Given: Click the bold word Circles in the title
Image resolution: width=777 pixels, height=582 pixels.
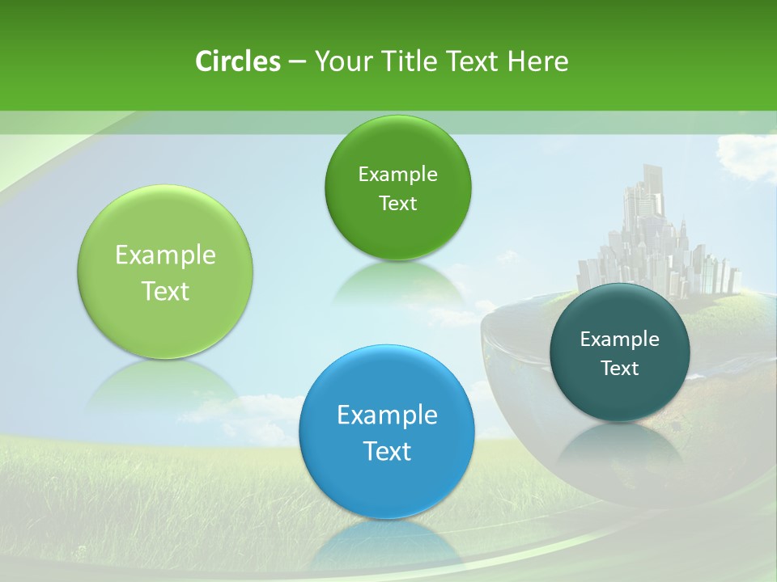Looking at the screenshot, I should (x=237, y=61).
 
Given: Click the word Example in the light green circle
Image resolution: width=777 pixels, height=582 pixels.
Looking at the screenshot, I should (x=165, y=255).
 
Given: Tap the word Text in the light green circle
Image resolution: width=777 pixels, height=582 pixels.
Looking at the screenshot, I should (x=165, y=291).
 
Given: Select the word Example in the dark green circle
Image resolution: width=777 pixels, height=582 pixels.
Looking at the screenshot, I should (x=397, y=175).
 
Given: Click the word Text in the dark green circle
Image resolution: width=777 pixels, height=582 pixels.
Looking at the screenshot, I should (x=397, y=204).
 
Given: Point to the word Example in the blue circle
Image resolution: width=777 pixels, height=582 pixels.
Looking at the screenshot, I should (x=387, y=415).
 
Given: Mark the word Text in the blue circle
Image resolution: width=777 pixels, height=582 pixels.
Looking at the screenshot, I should (x=387, y=451).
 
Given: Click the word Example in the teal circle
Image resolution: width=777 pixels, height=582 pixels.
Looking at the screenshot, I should (x=620, y=339).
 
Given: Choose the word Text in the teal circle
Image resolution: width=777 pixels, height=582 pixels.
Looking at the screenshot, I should (x=620, y=369).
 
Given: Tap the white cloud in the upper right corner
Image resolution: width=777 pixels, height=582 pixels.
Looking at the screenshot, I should (x=749, y=158).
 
